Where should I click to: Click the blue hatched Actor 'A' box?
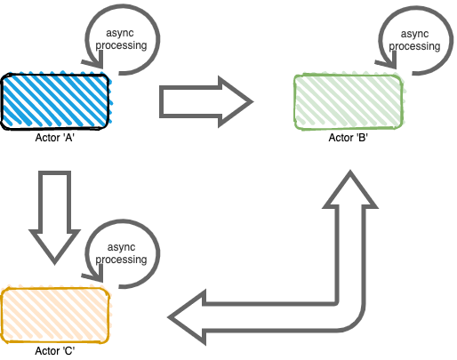tap(55, 101)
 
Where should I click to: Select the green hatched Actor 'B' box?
tap(349, 102)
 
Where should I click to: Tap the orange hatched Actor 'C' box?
tap(55, 316)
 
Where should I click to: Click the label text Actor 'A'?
tap(55, 138)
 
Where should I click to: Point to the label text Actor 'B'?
tap(349, 138)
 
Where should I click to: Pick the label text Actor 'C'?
tap(55, 351)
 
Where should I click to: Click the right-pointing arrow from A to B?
tap(206, 101)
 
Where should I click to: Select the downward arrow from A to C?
tap(55, 217)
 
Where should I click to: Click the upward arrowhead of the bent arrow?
tap(350, 189)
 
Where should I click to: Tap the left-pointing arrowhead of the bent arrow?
tap(188, 317)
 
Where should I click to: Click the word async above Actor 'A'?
tap(120, 33)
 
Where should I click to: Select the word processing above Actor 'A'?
tap(121, 45)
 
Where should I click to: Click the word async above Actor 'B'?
tap(414, 34)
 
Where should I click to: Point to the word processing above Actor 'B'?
tap(414, 46)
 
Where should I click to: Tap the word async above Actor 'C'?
tap(121, 247)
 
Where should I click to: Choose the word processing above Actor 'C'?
tap(121, 260)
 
